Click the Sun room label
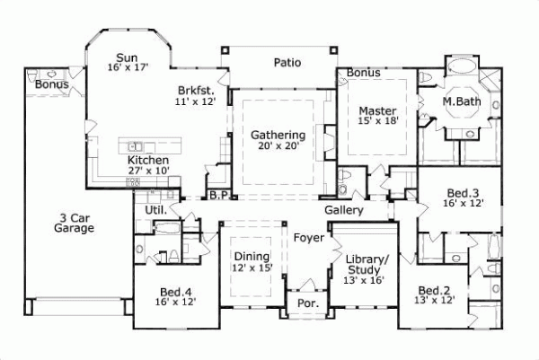click(126, 55)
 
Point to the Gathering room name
click(278, 135)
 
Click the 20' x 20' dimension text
click(278, 146)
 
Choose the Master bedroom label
click(377, 110)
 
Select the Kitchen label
click(147, 160)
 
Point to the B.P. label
click(218, 195)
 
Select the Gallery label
click(344, 210)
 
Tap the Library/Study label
click(367, 264)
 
